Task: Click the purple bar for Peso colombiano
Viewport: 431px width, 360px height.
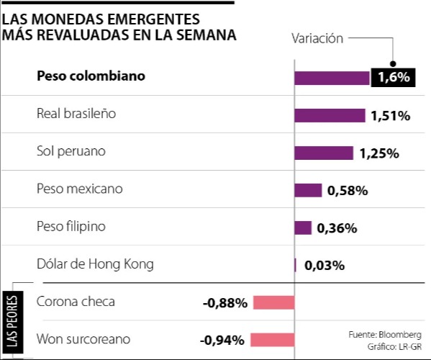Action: (332, 78)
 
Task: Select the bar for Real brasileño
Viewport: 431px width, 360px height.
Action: (330, 115)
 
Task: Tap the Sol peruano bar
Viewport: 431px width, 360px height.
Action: (324, 153)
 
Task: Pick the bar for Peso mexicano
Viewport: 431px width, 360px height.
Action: (308, 190)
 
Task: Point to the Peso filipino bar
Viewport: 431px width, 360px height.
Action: (303, 228)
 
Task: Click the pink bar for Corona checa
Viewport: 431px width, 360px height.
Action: (273, 302)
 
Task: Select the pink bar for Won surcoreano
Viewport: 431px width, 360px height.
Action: (272, 340)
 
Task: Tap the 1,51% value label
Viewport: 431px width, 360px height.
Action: (390, 115)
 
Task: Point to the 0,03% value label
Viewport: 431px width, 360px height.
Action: (325, 265)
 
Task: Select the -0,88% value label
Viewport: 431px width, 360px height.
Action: (225, 303)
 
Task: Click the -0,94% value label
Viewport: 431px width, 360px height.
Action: (222, 341)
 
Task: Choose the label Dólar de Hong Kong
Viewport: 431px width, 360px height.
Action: (95, 264)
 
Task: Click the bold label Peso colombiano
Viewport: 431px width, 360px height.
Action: (91, 76)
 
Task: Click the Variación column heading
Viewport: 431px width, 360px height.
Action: (317, 39)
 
